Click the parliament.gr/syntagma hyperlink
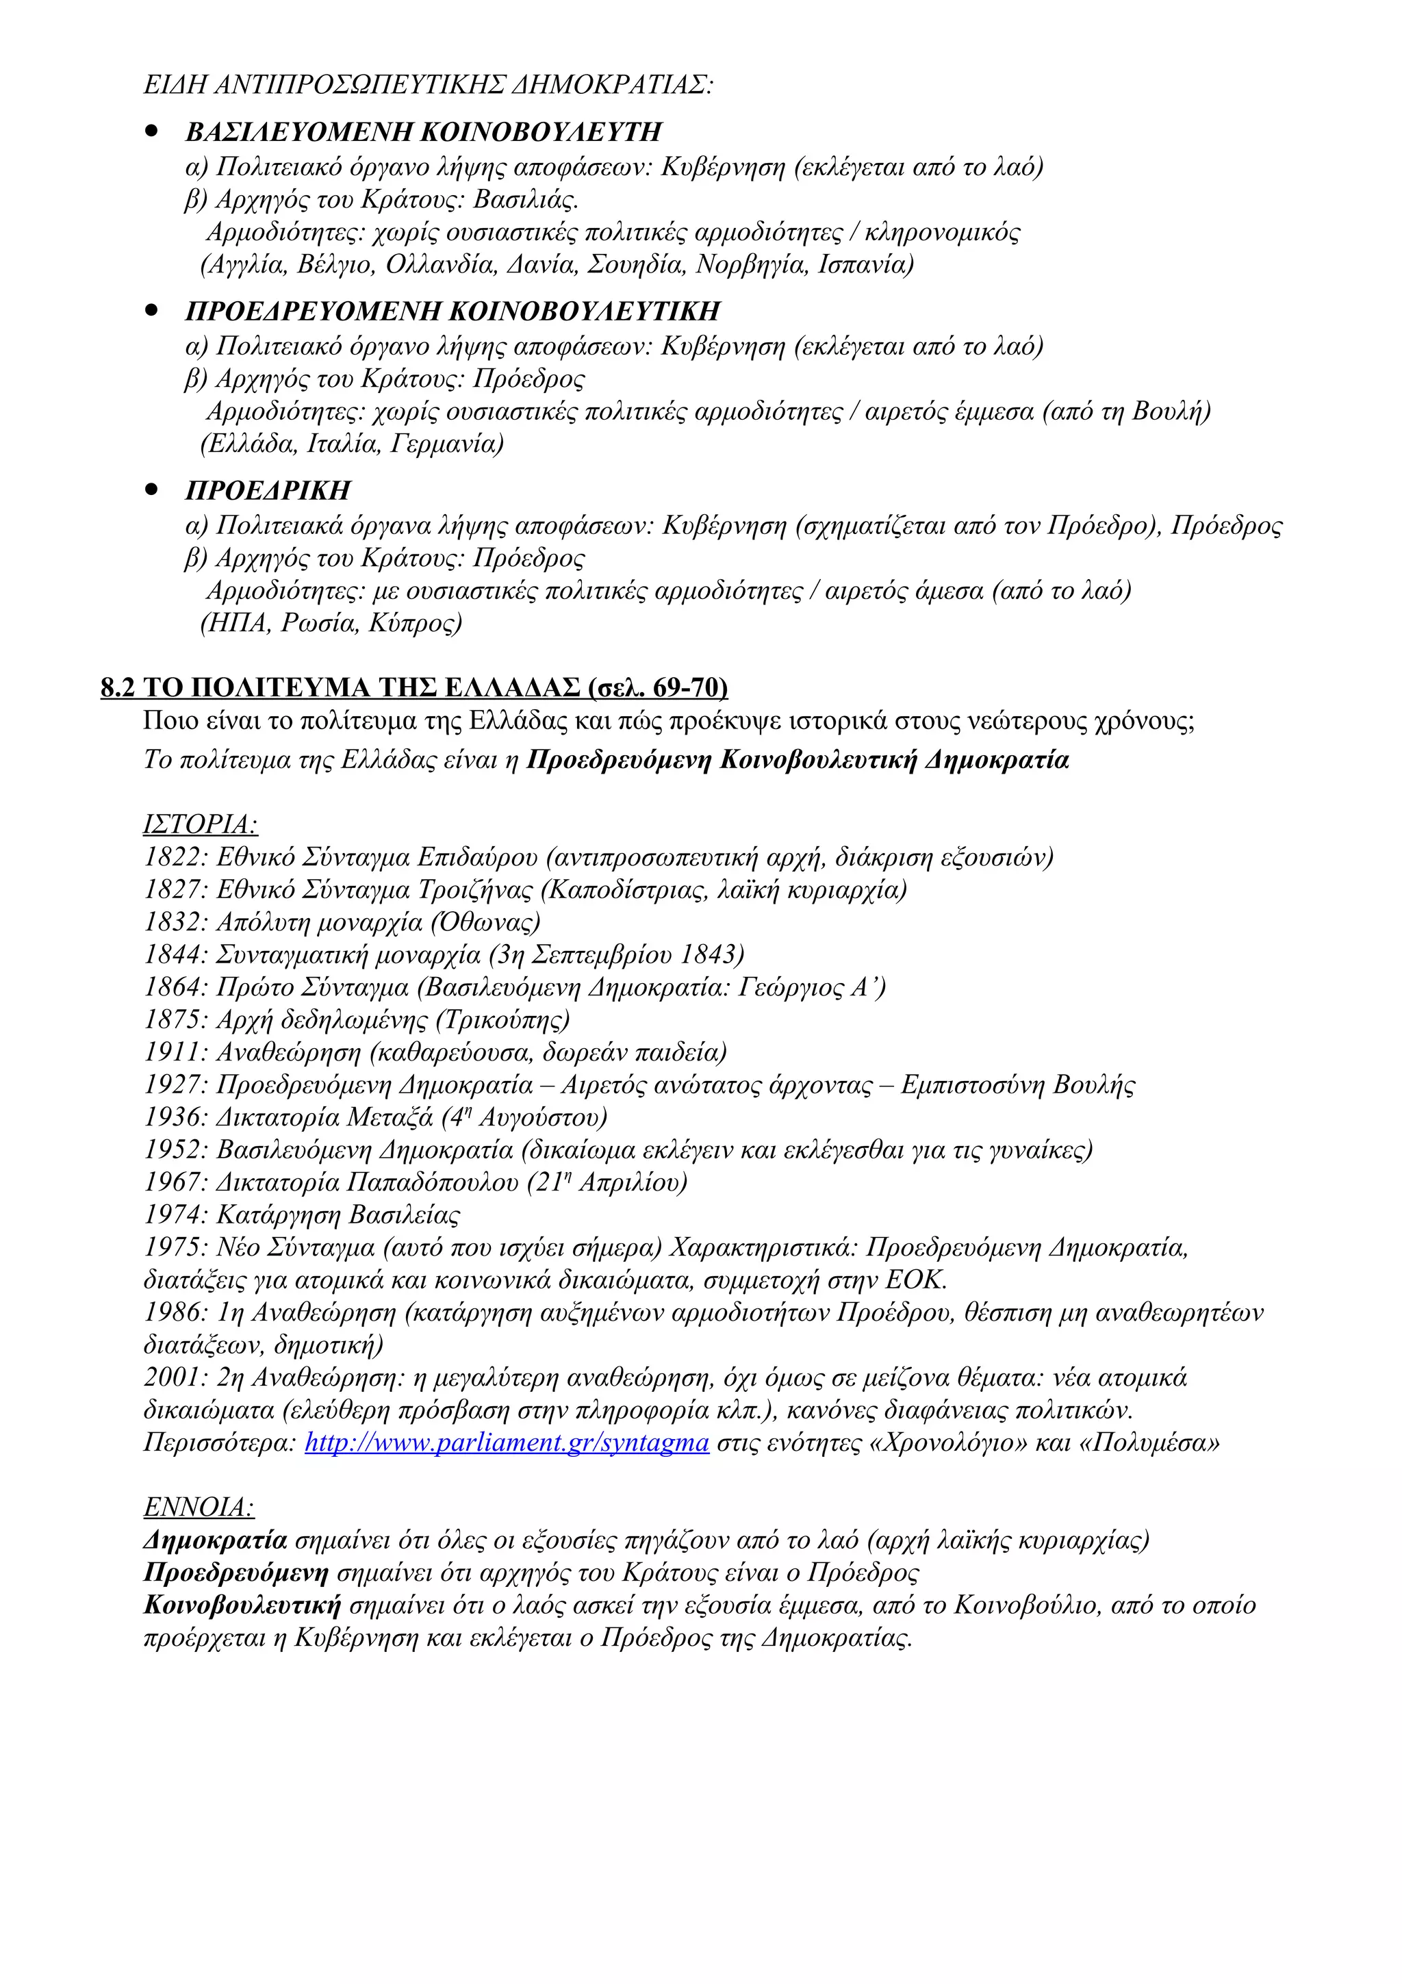pyautogui.click(x=507, y=1443)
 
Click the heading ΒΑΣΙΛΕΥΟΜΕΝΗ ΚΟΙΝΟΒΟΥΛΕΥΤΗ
pyautogui.click(x=423, y=132)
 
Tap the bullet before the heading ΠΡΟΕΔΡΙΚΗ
pyautogui.click(x=152, y=489)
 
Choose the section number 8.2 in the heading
pyautogui.click(x=118, y=688)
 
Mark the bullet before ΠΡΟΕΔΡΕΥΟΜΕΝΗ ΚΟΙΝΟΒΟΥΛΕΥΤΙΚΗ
pyautogui.click(x=152, y=310)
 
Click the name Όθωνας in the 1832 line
pyautogui.click(x=486, y=923)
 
